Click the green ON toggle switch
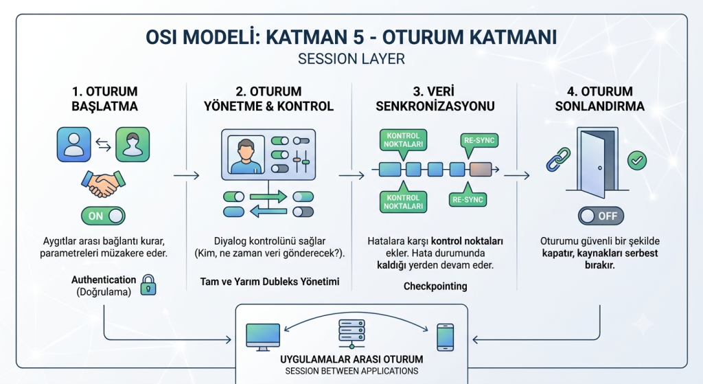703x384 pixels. point(103,216)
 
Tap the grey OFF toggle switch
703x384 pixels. point(601,216)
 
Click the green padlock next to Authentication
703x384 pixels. point(148,285)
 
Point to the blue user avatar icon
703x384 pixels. point(74,144)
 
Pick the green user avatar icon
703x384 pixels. point(132,144)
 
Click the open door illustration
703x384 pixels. point(598,162)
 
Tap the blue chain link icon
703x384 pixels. point(558,159)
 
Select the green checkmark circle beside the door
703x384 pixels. point(637,160)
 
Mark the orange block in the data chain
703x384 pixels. point(481,170)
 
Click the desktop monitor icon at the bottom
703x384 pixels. point(263,337)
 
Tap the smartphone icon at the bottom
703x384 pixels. point(445,337)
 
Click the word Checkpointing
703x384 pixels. point(435,286)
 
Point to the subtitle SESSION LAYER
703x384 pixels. point(351,59)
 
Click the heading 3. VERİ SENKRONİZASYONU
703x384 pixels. point(435,99)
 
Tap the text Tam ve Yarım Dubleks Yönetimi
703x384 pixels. point(269,282)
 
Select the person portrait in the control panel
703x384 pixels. point(246,155)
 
